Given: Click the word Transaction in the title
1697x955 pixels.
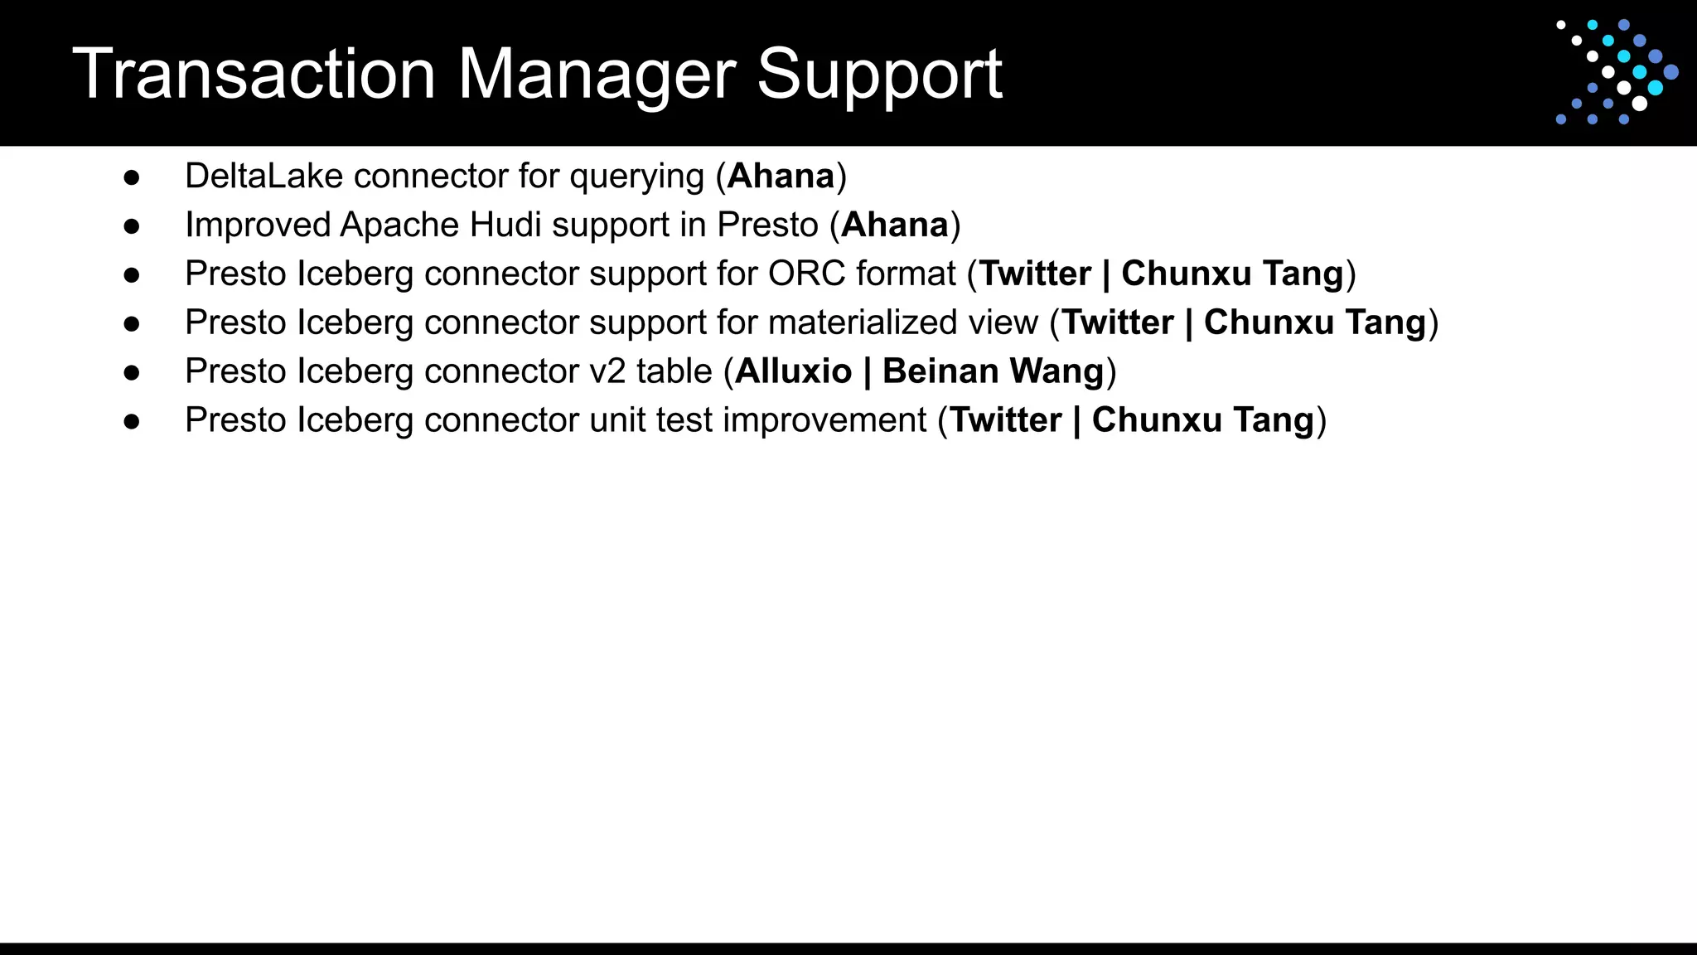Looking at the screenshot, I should [254, 75].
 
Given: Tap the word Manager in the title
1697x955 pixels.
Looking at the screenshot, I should [597, 75].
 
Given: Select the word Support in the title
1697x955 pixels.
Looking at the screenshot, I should [879, 75].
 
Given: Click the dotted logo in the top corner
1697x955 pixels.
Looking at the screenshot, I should [1617, 72].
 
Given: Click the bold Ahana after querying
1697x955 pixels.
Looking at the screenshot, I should [781, 176].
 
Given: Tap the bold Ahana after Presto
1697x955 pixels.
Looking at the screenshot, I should [894, 225].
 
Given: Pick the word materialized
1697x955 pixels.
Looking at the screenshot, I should [862, 322].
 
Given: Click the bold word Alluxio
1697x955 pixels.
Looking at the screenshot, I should [793, 371].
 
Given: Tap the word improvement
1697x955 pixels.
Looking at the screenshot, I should [824, 420].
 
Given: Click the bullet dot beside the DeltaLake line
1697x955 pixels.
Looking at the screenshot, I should [131, 177].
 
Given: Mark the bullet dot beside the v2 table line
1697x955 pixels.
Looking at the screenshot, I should [131, 373].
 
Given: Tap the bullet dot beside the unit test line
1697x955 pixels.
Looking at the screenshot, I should [131, 422].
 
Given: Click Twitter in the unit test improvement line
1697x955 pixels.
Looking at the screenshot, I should [1005, 420].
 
